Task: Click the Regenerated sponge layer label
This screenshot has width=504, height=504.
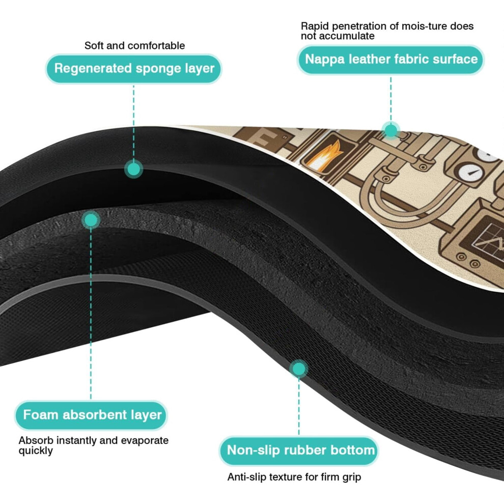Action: coord(134,68)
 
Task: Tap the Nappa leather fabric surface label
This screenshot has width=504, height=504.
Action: coord(391,60)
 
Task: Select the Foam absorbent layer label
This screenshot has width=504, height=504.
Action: coord(91,415)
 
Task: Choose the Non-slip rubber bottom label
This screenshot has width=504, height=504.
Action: coord(299,451)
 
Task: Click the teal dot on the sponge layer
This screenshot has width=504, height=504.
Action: coord(134,169)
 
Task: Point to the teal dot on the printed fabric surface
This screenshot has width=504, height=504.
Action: coord(391,131)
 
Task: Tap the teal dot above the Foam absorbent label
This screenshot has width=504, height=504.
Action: coord(91,220)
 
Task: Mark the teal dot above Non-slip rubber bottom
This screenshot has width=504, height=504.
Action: coord(299,369)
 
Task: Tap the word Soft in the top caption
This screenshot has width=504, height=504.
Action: coord(94,46)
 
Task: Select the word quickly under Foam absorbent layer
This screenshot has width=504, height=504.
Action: coord(35,451)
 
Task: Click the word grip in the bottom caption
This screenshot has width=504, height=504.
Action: coord(352,478)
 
